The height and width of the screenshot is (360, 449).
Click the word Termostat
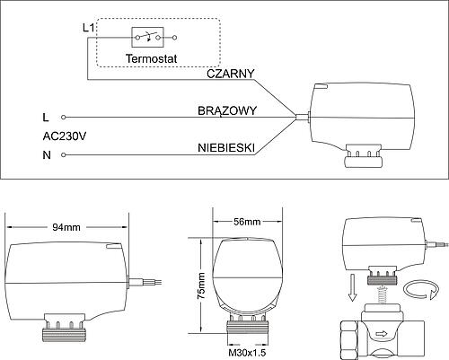pos(152,58)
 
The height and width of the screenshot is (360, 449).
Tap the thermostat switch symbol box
pos(147,38)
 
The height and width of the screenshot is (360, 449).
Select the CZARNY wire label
pos(231,74)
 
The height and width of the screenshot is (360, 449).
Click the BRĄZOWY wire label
pos(227,111)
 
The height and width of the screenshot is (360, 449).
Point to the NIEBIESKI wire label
pos(226,148)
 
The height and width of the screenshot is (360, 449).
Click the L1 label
pos(89,28)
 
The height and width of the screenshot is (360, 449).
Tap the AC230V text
pos(65,136)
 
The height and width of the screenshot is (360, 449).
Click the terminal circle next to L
pos(63,118)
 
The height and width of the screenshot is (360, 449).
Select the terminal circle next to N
pos(63,154)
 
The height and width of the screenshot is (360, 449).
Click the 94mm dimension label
pos(66,227)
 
